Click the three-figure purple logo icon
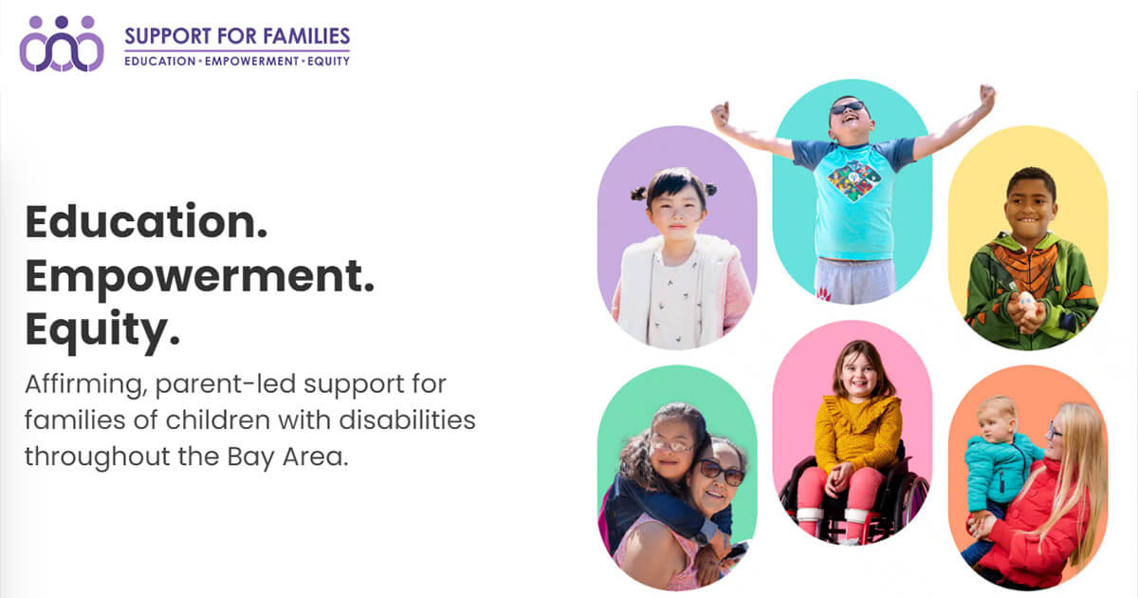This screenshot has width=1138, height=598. [62, 44]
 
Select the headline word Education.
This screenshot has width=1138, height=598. [146, 222]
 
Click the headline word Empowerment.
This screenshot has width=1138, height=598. [200, 277]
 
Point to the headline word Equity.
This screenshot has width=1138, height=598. [102, 330]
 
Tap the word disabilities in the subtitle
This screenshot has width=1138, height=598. [407, 420]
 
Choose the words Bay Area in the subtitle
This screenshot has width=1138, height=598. [287, 458]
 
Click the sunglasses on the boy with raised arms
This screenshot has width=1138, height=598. [847, 108]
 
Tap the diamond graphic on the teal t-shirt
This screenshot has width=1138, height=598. [854, 180]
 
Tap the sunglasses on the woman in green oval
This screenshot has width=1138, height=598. [721, 472]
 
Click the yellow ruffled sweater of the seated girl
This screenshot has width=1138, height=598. [857, 432]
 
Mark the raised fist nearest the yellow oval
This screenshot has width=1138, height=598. [987, 96]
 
